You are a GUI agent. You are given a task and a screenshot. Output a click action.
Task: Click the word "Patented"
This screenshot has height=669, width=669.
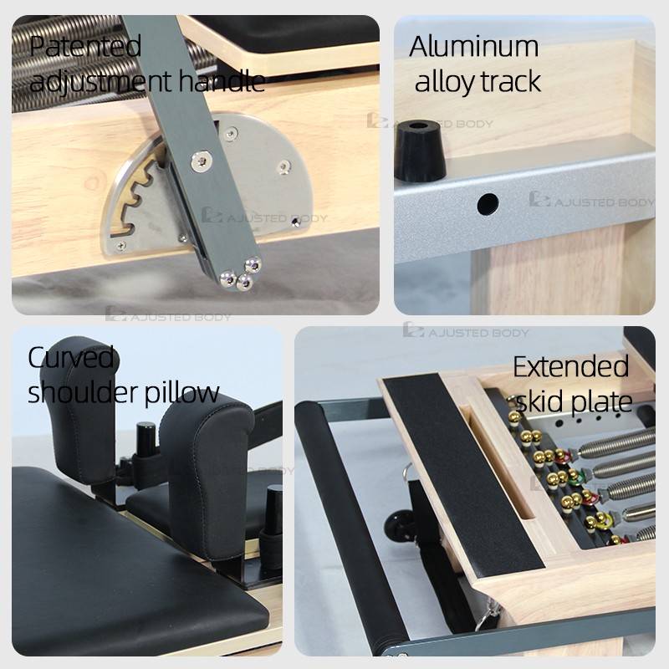[85, 46]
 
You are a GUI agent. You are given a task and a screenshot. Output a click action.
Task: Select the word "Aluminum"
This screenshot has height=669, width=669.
[473, 46]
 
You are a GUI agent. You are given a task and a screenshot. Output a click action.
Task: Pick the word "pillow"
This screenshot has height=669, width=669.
[181, 393]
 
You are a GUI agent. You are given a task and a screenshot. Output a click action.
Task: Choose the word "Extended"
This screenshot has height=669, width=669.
[571, 366]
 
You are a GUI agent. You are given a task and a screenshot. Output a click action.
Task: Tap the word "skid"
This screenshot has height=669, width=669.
[539, 401]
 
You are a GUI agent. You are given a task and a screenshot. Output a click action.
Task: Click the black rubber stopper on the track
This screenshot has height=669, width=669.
[420, 151]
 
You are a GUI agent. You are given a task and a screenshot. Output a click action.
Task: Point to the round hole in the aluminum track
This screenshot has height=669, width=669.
[488, 204]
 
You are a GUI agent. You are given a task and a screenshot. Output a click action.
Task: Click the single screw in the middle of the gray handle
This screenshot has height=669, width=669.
[201, 161]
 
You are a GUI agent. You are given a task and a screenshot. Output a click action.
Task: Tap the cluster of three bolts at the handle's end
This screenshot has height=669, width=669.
[241, 273]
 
